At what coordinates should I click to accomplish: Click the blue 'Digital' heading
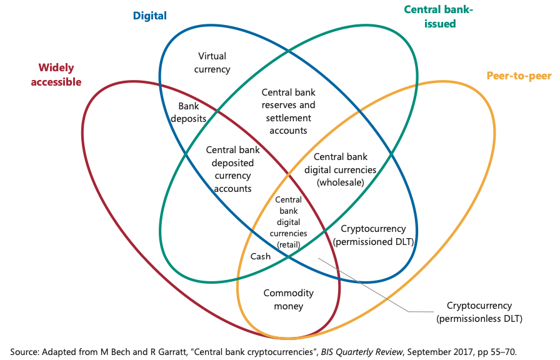(149, 16)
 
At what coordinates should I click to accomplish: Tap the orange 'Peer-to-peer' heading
(519, 76)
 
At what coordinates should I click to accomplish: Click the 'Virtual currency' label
(212, 62)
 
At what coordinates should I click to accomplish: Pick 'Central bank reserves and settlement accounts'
(288, 111)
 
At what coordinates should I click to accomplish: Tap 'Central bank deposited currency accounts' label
(232, 169)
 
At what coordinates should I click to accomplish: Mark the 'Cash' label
(261, 256)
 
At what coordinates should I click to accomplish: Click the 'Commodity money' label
(288, 299)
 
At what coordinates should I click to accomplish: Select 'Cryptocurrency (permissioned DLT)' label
(374, 235)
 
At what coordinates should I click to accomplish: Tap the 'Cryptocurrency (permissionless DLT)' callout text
(479, 312)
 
